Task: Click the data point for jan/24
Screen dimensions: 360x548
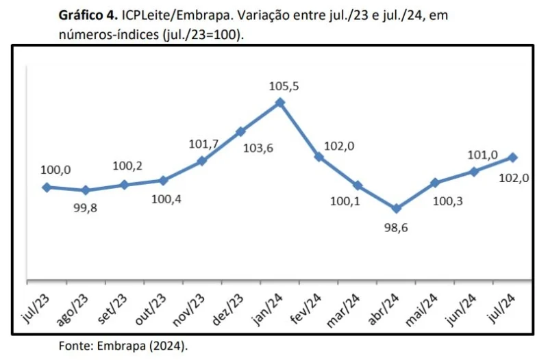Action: click(279, 103)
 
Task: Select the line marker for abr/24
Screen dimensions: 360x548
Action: click(397, 209)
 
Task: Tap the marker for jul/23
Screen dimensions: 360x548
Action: click(47, 187)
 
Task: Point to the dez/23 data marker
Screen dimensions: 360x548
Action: click(240, 131)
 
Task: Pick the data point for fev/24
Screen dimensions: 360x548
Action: click(319, 157)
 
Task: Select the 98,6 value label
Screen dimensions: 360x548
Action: click(396, 228)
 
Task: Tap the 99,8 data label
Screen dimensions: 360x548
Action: click(86, 208)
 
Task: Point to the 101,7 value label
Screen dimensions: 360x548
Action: click(203, 144)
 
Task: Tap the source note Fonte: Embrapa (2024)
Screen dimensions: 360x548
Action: click(123, 346)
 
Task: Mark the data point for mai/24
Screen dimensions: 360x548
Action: click(435, 183)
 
